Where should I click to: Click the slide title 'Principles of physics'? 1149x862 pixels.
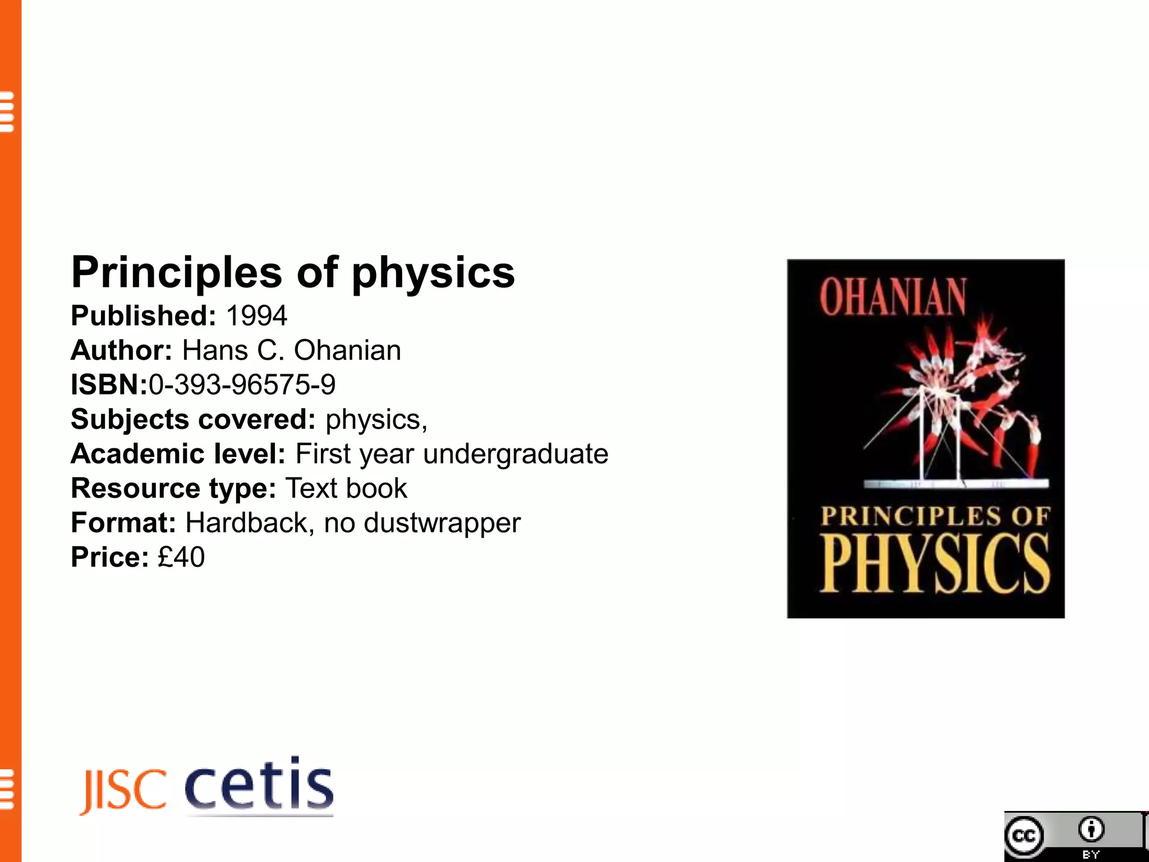tap(293, 273)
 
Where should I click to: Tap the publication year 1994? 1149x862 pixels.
tap(257, 316)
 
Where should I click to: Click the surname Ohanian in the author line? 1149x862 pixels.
tap(347, 351)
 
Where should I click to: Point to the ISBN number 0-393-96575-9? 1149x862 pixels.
tap(242, 385)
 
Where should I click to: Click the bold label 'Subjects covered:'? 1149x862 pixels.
tap(194, 420)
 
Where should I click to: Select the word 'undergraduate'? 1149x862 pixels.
tap(516, 454)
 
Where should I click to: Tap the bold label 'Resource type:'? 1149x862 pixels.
tap(173, 488)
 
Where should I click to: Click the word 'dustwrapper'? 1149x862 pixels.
tap(442, 523)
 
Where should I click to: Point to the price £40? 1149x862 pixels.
tap(181, 557)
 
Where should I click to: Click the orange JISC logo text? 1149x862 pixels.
tap(124, 791)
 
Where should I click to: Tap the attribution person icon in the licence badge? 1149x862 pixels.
tap(1091, 829)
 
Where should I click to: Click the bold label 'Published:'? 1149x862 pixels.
tap(143, 316)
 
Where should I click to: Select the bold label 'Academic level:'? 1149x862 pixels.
tap(178, 454)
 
